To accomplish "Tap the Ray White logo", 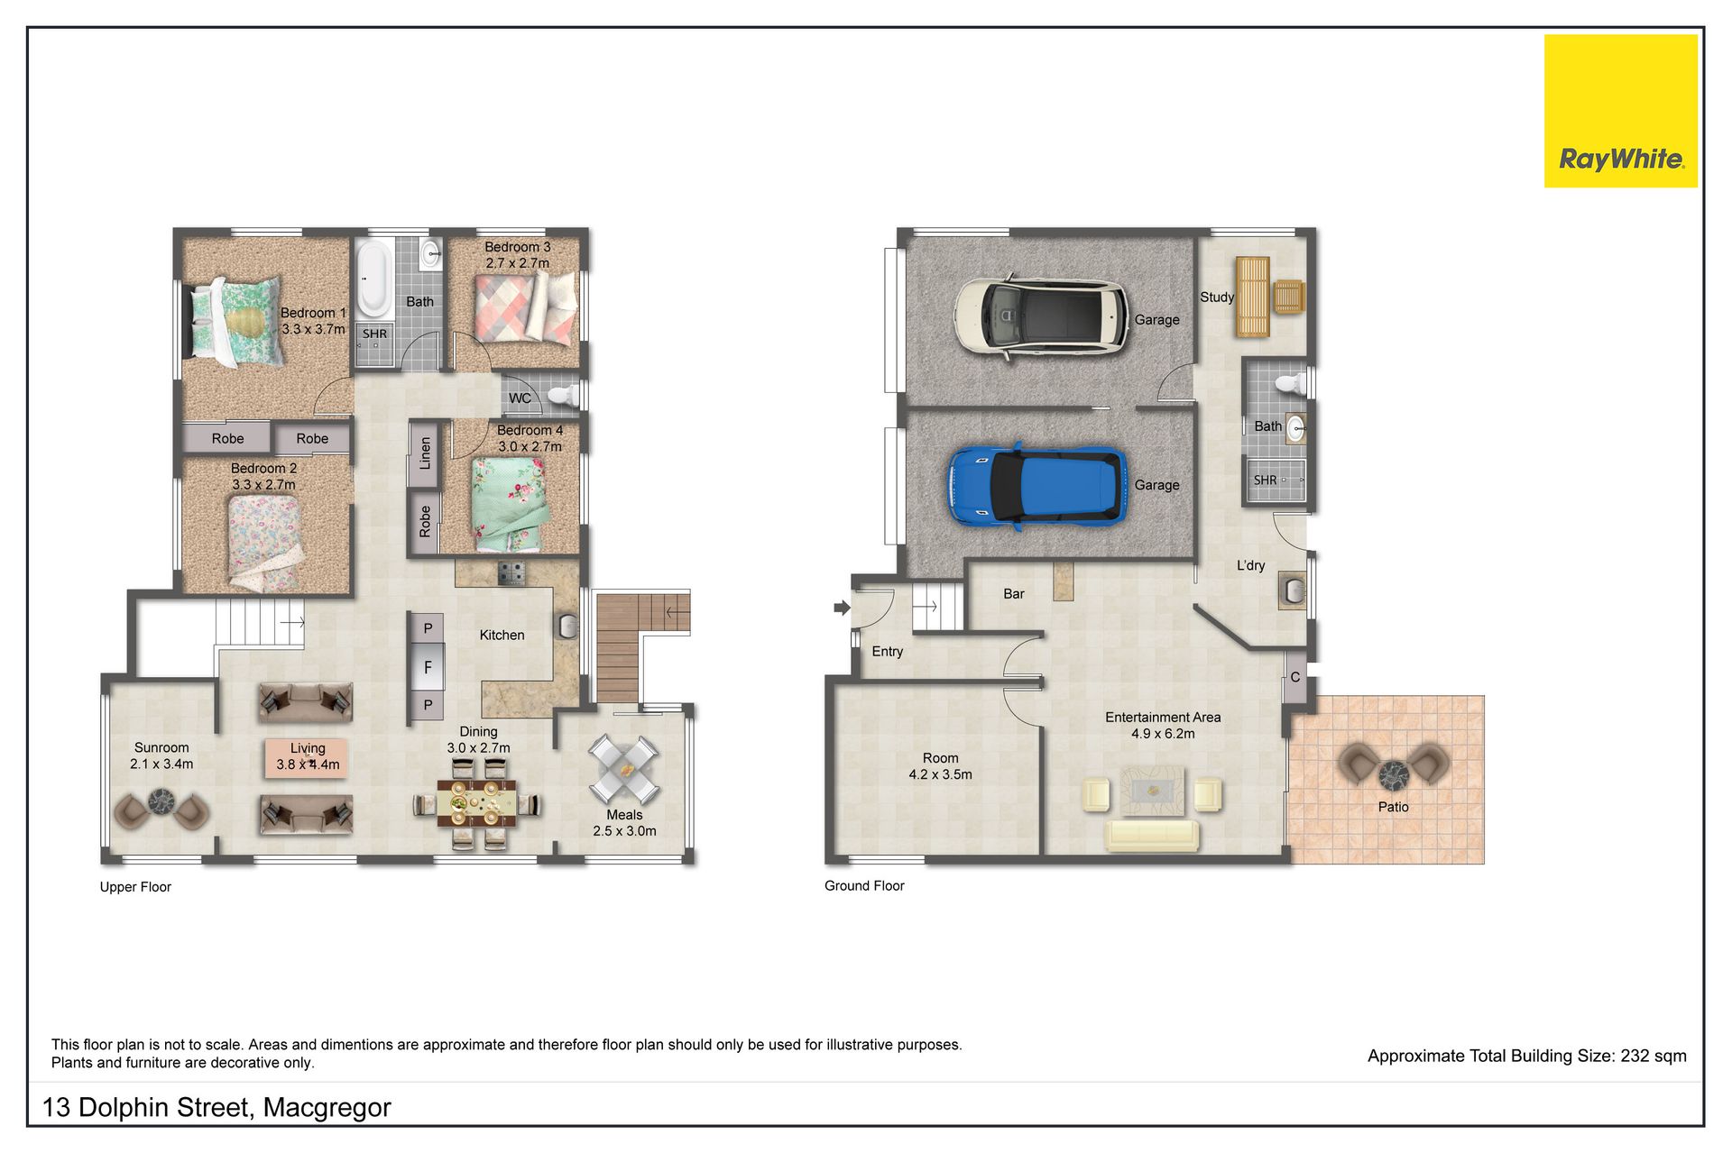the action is [1620, 111].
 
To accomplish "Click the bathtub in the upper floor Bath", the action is [373, 277].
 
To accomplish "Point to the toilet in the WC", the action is [564, 395].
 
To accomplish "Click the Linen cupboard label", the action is [425, 453].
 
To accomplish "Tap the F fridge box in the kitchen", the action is [428, 667].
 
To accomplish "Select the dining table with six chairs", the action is [477, 803].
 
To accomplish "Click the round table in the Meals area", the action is [623, 769].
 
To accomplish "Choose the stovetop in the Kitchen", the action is [512, 573].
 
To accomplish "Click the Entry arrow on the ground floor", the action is [842, 608].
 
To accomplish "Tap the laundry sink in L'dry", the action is [1292, 591].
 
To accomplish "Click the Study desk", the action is [1252, 297].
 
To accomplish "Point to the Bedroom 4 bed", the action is [509, 503].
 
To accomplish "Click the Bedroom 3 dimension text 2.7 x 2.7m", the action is [517, 263].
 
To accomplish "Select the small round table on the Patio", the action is [1394, 774].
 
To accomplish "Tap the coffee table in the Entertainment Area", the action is [1153, 791].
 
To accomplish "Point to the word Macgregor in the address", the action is [327, 1108].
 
